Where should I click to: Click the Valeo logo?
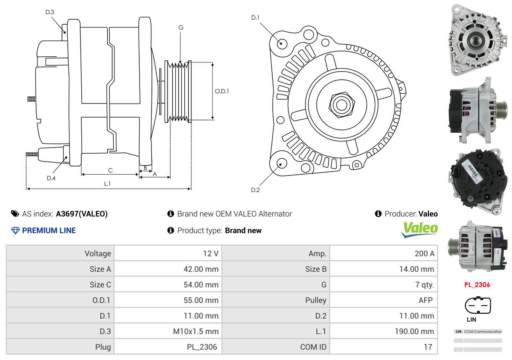click(419, 229)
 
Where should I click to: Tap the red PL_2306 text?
click(477, 284)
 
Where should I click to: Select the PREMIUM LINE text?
click(49, 231)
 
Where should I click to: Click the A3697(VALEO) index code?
click(82, 214)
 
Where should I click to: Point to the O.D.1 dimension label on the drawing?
click(222, 91)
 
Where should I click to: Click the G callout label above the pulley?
click(181, 28)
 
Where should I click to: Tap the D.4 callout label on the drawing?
click(51, 178)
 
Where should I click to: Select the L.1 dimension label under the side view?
click(107, 184)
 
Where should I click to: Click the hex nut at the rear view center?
click(341, 104)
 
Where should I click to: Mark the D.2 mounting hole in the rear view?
click(281, 163)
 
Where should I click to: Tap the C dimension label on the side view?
click(110, 170)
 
